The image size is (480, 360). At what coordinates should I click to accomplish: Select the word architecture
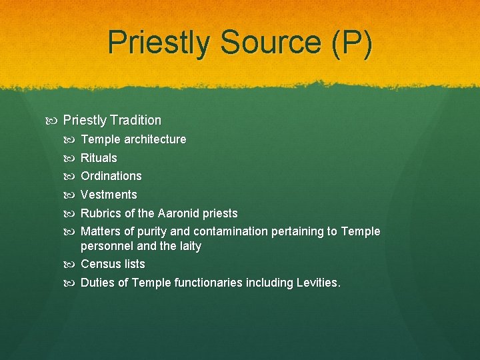tap(155, 139)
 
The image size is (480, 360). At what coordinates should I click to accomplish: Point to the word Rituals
tap(99, 158)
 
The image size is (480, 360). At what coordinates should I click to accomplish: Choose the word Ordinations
tap(111, 176)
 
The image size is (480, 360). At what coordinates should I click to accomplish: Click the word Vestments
tap(109, 195)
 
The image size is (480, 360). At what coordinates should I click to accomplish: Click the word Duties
tap(97, 283)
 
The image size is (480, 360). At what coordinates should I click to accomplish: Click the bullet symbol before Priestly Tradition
tap(54, 121)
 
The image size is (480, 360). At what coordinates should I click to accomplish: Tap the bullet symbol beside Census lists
tap(72, 265)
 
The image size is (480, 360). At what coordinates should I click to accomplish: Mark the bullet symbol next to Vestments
tap(72, 195)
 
